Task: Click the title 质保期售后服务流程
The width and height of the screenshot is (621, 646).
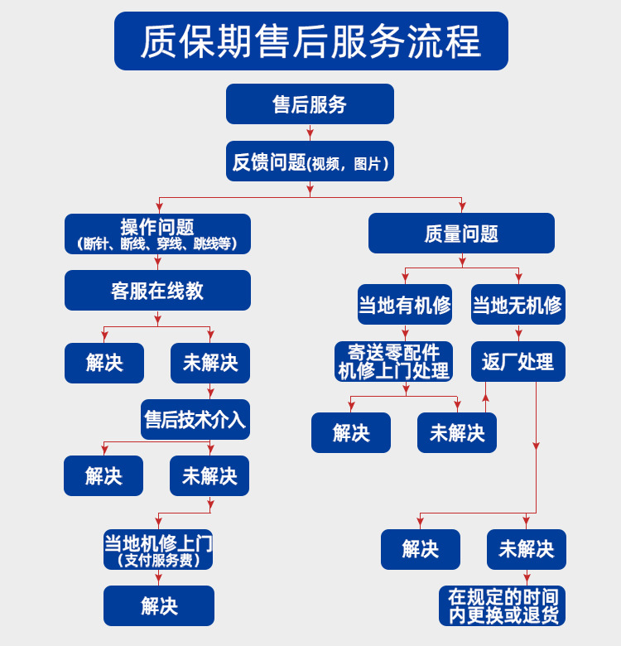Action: click(310, 41)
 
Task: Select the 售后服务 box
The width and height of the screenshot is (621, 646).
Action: click(310, 104)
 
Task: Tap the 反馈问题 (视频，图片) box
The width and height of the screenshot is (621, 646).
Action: click(310, 161)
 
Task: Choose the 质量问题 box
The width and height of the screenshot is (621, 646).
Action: click(461, 234)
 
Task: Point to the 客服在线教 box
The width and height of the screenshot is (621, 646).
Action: click(157, 291)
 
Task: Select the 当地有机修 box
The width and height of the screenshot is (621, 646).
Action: click(405, 305)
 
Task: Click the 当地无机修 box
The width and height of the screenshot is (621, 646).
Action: click(517, 305)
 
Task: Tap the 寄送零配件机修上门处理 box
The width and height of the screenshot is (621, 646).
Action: click(394, 362)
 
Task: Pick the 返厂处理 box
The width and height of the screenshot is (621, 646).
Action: click(518, 362)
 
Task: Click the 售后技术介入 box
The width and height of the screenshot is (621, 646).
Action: click(195, 419)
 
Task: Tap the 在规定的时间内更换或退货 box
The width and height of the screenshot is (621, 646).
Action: click(503, 606)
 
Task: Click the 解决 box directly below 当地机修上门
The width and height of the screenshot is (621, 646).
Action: click(159, 606)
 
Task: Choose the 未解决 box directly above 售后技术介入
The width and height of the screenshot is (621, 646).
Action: click(210, 363)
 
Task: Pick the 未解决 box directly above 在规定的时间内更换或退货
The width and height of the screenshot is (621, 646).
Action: click(527, 549)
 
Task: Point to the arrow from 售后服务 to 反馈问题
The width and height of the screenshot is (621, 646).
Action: click(310, 132)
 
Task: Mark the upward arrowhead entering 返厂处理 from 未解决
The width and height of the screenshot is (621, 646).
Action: click(486, 398)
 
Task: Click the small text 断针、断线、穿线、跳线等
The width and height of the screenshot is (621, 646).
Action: click(157, 244)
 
